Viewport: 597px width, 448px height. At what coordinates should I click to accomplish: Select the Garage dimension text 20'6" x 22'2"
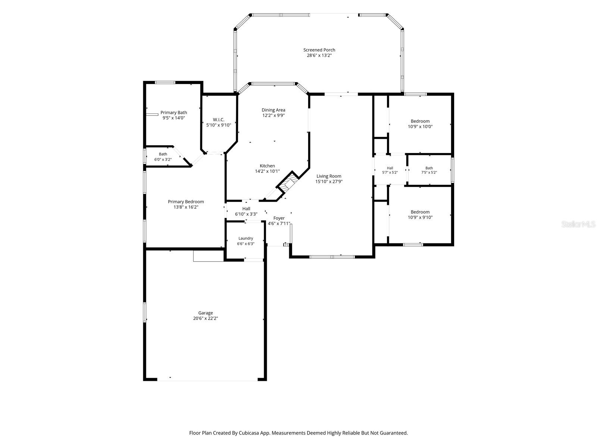click(x=205, y=318)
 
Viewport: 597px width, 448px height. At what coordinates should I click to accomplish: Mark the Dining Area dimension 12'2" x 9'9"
click(x=274, y=115)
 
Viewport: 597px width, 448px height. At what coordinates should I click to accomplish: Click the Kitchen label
click(x=267, y=166)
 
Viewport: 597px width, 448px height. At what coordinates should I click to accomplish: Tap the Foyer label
click(x=279, y=218)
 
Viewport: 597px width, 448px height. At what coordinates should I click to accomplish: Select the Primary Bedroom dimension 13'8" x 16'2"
click(x=186, y=207)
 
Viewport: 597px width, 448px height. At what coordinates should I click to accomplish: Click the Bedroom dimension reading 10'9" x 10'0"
click(x=420, y=127)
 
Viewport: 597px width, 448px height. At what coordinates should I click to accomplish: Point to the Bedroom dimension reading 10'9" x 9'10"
click(x=420, y=217)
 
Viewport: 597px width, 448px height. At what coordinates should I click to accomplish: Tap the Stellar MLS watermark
click(x=578, y=224)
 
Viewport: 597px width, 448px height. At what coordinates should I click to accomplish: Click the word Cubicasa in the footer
click(x=249, y=433)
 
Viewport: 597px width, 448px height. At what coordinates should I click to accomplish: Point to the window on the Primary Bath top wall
click(x=165, y=83)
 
